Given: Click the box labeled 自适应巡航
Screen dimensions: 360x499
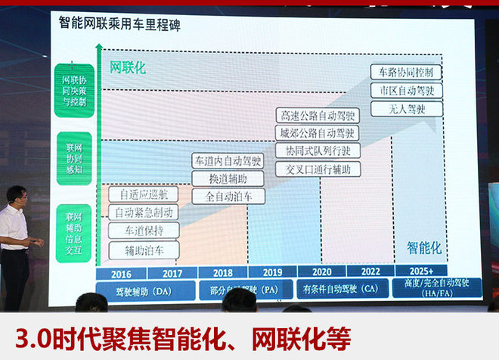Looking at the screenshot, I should coord(144,194).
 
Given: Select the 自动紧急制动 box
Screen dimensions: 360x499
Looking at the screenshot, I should coord(144,213).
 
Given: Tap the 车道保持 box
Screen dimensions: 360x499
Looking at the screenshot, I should coord(144,230).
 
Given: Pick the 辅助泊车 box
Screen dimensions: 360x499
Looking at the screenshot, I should coord(144,249).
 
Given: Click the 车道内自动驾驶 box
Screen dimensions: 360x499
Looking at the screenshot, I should coord(228,160).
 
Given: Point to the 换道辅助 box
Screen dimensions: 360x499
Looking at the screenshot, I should coord(228,178).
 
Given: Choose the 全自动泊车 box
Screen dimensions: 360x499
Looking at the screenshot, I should coord(228,196).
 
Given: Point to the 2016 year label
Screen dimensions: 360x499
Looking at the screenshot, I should coord(122,273).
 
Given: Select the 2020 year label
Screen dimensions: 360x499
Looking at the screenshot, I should coord(323,272).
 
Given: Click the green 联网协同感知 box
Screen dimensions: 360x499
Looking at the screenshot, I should coord(74,160).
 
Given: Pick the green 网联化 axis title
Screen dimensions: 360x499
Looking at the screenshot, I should coord(128,67).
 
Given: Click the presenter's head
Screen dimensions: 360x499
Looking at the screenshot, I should coord(17,197).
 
